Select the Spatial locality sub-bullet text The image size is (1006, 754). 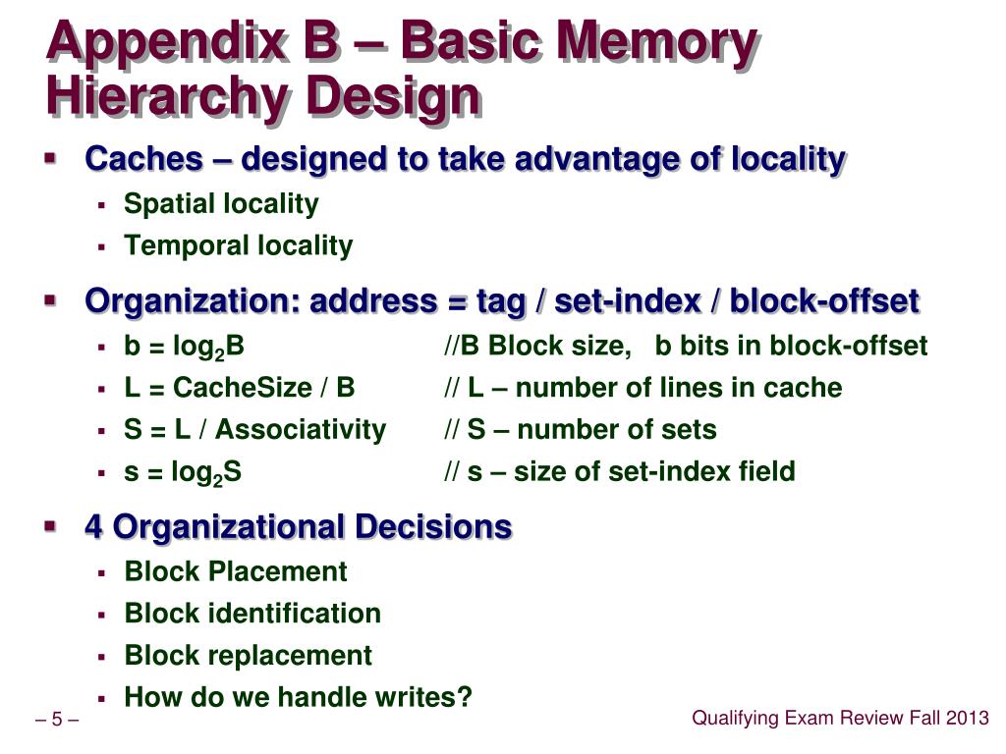click(x=221, y=204)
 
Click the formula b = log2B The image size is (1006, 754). click(x=184, y=347)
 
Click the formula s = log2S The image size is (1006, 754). click(x=183, y=472)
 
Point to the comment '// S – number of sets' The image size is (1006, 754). click(x=580, y=430)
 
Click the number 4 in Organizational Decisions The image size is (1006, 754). click(x=94, y=527)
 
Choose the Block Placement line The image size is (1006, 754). click(x=236, y=571)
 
